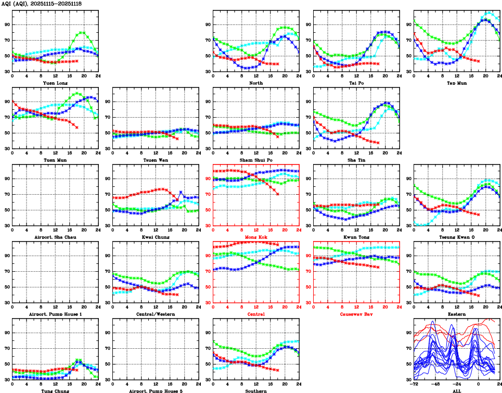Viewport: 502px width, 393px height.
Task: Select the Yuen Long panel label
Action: pos(54,83)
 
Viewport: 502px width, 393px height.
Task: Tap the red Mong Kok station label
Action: pos(255,237)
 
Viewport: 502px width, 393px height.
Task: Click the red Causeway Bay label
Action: pos(356,314)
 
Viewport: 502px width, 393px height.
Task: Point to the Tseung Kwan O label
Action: pos(456,237)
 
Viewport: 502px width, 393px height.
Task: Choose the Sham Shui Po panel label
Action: pos(255,160)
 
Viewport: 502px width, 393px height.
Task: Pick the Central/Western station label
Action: pos(155,314)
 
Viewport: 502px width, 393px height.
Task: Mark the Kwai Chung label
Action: pos(155,237)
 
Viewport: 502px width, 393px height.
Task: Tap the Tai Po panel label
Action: pos(356,83)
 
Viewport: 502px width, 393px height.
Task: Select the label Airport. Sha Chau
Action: pos(54,237)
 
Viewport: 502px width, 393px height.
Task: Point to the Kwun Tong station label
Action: pos(356,237)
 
